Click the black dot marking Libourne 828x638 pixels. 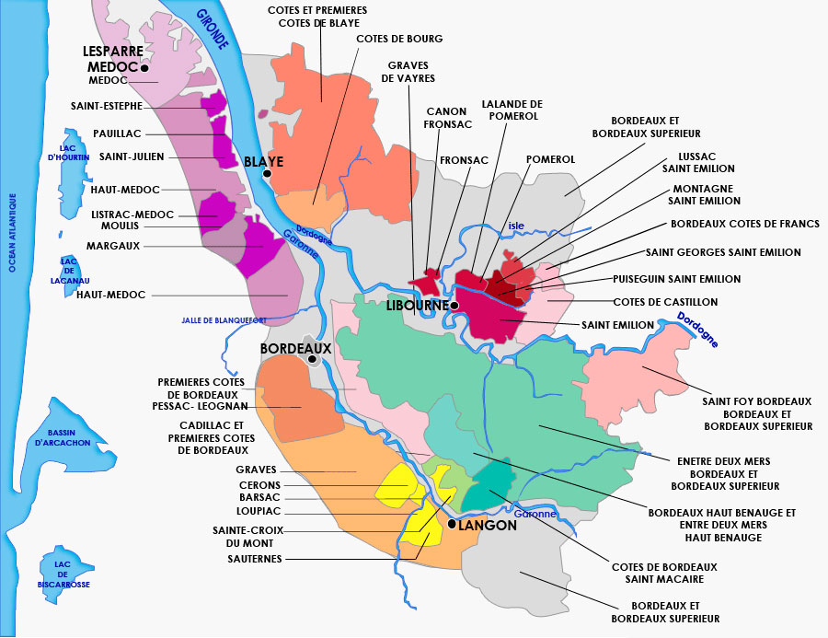click(454, 305)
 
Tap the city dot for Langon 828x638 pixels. click(451, 524)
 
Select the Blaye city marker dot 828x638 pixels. click(267, 173)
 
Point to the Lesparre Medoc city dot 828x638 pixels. click(144, 67)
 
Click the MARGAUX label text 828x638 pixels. click(113, 246)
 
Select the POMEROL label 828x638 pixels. click(550, 159)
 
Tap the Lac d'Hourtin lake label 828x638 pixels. click(72, 151)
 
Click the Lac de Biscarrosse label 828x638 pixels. click(63, 577)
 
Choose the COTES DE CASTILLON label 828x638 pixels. click(665, 301)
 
